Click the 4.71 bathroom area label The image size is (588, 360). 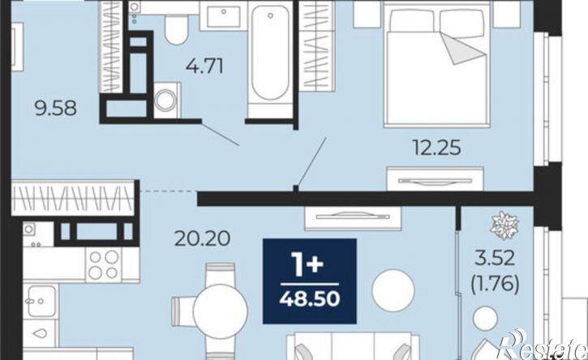(x=204, y=66)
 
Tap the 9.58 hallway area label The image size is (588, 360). (x=55, y=108)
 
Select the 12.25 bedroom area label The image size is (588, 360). (x=436, y=148)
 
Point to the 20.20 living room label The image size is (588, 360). (x=202, y=238)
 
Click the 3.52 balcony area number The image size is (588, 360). (x=495, y=258)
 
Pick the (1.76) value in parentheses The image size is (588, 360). (x=496, y=284)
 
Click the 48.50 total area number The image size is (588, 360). (x=309, y=299)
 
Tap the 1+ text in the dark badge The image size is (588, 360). (x=309, y=264)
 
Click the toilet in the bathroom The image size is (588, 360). (x=176, y=28)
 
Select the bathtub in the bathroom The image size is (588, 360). (x=270, y=53)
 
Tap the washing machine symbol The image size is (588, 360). (x=167, y=100)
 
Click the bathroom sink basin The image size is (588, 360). (x=224, y=17)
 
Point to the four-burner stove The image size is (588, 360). (x=103, y=265)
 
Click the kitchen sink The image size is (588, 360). (x=41, y=302)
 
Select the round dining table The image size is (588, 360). (x=220, y=311)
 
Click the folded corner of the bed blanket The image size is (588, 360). (x=462, y=49)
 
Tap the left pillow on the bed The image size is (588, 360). (x=412, y=21)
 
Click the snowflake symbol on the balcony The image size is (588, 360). (x=504, y=225)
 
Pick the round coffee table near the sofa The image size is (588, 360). (x=393, y=289)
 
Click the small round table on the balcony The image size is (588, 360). (x=485, y=319)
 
